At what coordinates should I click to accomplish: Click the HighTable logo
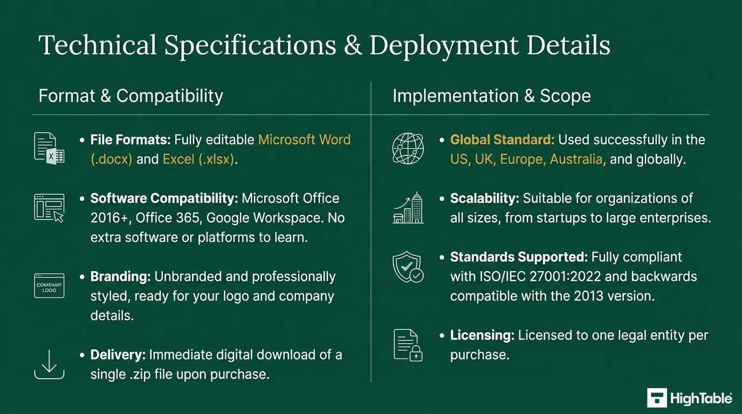pos(690,398)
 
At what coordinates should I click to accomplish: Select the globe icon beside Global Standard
pos(408,148)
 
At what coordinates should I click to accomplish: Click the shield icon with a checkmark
pos(408,267)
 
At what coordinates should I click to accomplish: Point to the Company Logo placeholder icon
pos(49,286)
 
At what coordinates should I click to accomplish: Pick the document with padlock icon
pos(408,345)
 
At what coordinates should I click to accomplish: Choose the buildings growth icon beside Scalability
pos(408,208)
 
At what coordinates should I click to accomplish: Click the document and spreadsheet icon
pos(49,148)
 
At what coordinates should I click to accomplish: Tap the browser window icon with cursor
pos(49,208)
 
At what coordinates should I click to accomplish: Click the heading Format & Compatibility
pos(131,96)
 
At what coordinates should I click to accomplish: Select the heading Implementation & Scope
pos(492,96)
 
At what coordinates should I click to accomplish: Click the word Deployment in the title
pos(444,46)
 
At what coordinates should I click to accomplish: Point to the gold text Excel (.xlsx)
pos(198,160)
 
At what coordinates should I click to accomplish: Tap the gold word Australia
pos(576,160)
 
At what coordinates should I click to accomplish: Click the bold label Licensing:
pos(482,335)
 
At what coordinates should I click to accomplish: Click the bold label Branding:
pos(121,277)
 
